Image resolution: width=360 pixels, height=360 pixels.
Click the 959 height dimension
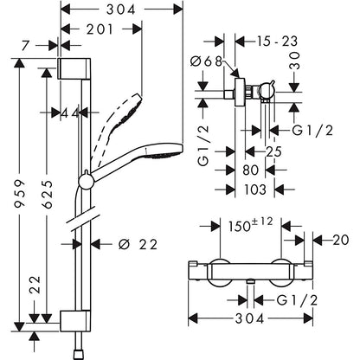[20, 193]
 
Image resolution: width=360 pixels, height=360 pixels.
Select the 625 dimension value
[46, 194]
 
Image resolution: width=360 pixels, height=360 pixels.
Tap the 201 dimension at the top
[100, 29]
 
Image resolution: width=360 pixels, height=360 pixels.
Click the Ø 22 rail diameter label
[138, 245]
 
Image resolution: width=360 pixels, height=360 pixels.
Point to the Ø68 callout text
[206, 61]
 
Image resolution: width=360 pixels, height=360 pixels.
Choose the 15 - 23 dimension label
[277, 42]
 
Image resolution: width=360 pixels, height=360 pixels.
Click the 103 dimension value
[255, 190]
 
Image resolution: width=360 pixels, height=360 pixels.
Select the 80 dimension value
[250, 170]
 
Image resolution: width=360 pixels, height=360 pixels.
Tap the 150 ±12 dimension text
[250, 225]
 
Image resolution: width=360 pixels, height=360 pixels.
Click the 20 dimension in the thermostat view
[341, 240]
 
